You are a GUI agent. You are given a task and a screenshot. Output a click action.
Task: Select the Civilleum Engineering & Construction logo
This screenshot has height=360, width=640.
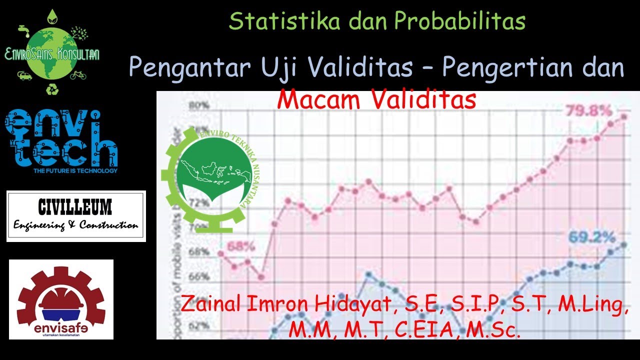[76, 216]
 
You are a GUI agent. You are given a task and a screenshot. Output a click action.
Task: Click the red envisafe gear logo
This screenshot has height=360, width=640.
[61, 299]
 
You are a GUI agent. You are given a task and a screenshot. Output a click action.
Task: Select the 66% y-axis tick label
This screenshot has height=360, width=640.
[199, 276]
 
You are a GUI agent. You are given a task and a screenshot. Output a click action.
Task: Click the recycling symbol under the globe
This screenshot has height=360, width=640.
[52, 89]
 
